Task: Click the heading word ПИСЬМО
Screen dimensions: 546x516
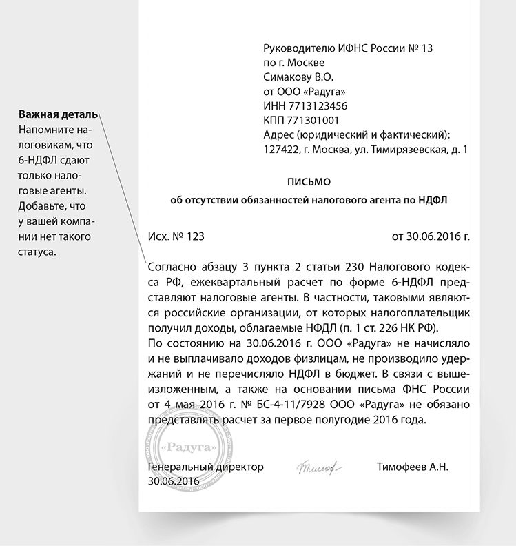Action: coord(309,182)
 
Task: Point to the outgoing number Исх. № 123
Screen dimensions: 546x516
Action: coord(176,236)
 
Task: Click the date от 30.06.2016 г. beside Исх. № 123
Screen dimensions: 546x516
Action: coord(431,236)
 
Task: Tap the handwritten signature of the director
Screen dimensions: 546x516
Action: coord(320,467)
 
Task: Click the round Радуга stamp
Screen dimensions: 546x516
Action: coord(188,448)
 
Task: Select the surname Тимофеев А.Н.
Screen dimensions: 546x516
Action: coord(413,467)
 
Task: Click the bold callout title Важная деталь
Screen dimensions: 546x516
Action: coord(58,114)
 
